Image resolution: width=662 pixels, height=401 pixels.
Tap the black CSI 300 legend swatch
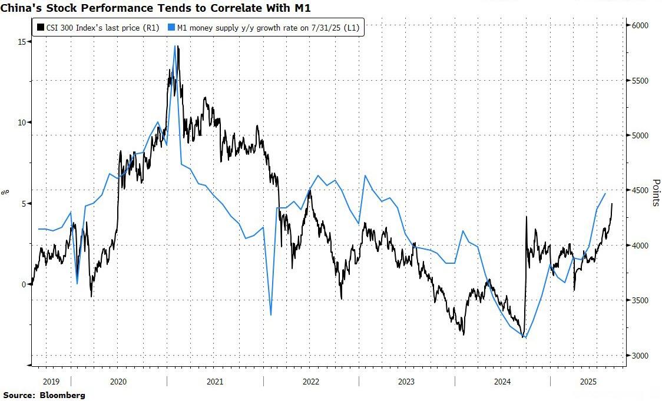coord(39,27)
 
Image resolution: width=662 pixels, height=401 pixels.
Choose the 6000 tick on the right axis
coord(640,26)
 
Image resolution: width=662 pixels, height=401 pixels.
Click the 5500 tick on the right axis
coord(640,81)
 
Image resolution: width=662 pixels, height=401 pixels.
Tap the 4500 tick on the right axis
coord(640,191)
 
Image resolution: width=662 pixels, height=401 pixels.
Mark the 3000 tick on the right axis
coord(640,356)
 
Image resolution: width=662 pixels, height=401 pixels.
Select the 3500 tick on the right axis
coord(640,301)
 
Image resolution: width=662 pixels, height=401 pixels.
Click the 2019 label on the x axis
coord(52,382)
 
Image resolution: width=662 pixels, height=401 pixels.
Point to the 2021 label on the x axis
coord(215,382)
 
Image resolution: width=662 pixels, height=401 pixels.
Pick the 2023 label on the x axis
coord(406,382)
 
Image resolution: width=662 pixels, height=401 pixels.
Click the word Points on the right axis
coord(656,193)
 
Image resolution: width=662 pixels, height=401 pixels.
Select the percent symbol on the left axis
coord(5,192)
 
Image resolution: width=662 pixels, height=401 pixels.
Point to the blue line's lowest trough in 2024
coord(525,337)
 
